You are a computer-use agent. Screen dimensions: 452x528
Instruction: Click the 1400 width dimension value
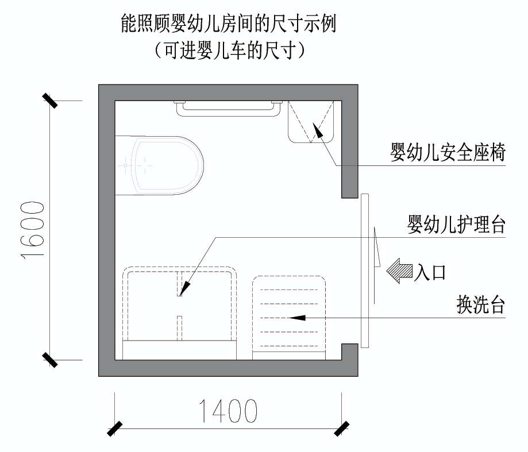(228, 411)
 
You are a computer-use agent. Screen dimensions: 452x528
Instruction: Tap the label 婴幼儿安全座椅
(448, 154)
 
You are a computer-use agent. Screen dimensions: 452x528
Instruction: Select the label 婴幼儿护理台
(456, 225)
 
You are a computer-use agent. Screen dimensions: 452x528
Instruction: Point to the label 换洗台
(480, 304)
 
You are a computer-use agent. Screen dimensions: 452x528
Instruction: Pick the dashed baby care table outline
(179, 310)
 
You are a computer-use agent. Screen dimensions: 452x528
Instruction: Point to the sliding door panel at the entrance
(364, 270)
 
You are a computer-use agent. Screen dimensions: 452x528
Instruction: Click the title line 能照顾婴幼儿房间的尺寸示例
(228, 24)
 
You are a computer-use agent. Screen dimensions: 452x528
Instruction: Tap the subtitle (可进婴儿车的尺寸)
(228, 51)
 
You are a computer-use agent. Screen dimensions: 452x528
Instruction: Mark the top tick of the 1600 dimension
(49, 101)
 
